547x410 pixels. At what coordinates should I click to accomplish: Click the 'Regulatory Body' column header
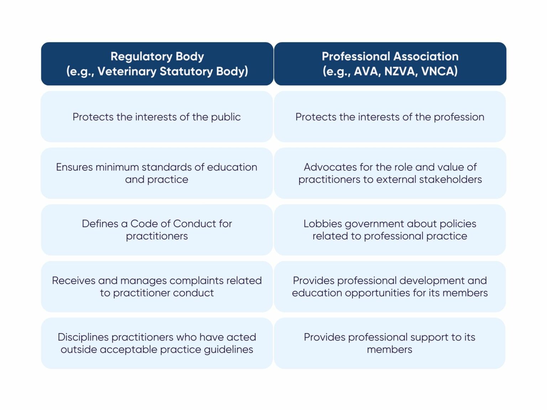tap(157, 64)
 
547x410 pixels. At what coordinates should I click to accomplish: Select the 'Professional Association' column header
tap(390, 64)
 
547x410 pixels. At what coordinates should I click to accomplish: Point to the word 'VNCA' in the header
tap(439, 72)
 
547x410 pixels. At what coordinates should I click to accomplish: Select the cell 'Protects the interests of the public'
tap(157, 117)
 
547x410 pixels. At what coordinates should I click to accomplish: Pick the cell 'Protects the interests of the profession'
tap(390, 117)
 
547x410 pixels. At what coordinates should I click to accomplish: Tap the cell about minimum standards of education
tap(157, 173)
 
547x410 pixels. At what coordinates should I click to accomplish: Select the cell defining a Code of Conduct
tap(157, 230)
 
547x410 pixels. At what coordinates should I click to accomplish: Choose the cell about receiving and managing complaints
tap(157, 287)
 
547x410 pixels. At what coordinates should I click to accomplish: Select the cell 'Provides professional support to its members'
tap(390, 343)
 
